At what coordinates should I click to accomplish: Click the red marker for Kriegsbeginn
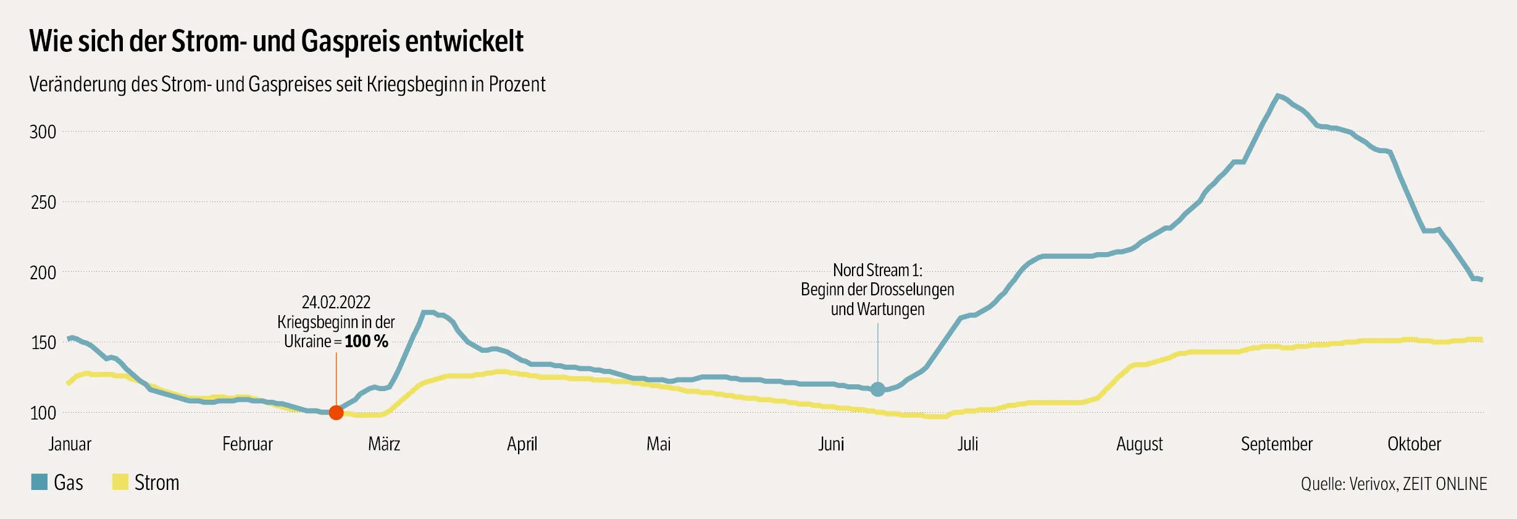click(x=336, y=412)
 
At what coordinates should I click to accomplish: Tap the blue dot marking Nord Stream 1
click(x=877, y=389)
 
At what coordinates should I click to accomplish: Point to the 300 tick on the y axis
click(x=43, y=132)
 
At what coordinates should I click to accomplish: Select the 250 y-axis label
click(x=43, y=202)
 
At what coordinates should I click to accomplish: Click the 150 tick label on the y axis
click(x=43, y=342)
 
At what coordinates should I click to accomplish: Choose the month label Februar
click(x=247, y=444)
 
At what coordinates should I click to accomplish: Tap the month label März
click(x=384, y=444)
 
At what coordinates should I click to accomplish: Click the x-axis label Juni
click(x=831, y=444)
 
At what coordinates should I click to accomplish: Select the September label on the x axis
click(x=1276, y=444)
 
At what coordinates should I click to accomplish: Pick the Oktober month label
click(x=1414, y=444)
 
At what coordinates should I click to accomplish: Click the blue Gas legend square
click(x=40, y=482)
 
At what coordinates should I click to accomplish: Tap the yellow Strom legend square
click(x=120, y=482)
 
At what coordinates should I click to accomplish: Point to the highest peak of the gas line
click(x=1277, y=96)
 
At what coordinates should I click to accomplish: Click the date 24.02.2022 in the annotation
click(x=336, y=302)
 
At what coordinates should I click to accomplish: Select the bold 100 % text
click(x=366, y=341)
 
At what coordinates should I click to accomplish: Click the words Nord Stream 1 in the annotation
click(x=877, y=270)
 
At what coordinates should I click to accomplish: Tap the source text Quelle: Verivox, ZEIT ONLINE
click(x=1394, y=484)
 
